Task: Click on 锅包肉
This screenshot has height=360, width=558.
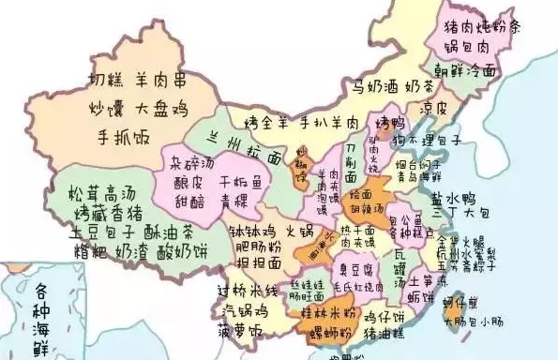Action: [x=477, y=45]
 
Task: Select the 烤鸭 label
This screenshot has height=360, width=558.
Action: [x=386, y=123]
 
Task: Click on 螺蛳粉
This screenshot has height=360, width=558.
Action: [x=335, y=332]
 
